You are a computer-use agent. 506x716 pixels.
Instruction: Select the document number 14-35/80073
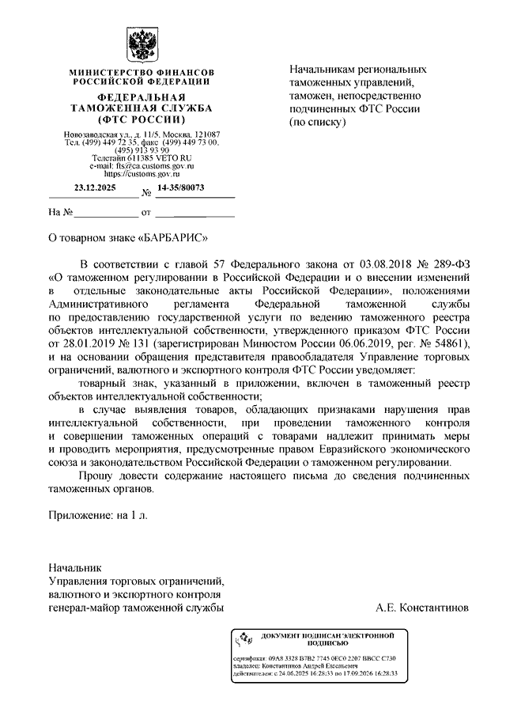coord(181,188)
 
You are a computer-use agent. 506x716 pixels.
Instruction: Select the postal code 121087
coord(206,134)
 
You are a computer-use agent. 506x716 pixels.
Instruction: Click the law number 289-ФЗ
coord(448,263)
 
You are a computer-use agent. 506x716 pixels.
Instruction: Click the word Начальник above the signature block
coord(75,568)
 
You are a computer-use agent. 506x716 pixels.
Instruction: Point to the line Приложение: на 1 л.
coord(98,515)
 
